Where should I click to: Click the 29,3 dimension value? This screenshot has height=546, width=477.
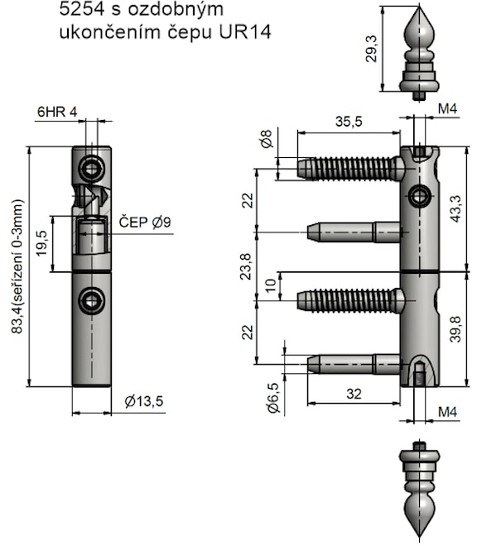(x=372, y=49)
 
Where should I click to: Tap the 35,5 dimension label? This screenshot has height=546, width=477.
(x=349, y=122)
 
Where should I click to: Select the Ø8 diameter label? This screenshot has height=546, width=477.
(x=267, y=139)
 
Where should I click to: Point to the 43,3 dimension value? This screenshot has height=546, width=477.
(x=455, y=208)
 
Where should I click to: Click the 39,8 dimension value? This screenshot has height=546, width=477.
(x=455, y=329)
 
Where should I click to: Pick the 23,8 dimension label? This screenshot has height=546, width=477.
(x=246, y=266)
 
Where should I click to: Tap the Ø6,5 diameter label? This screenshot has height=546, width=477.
(x=274, y=398)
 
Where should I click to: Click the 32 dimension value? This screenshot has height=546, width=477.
(x=354, y=394)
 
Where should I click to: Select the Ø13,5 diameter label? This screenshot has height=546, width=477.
(x=144, y=401)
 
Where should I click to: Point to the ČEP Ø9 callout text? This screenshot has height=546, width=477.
(x=145, y=223)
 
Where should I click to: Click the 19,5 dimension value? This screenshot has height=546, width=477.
(x=41, y=243)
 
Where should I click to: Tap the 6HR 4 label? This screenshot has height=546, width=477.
(x=57, y=112)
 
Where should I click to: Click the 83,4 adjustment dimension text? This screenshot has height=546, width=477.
(x=17, y=266)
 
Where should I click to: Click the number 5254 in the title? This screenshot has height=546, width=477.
(x=82, y=9)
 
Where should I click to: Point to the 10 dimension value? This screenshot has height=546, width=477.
(x=272, y=285)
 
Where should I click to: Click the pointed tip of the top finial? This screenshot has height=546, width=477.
(x=419, y=7)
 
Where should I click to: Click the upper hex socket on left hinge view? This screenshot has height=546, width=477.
(x=92, y=169)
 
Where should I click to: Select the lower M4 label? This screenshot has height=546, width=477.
(x=447, y=412)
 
